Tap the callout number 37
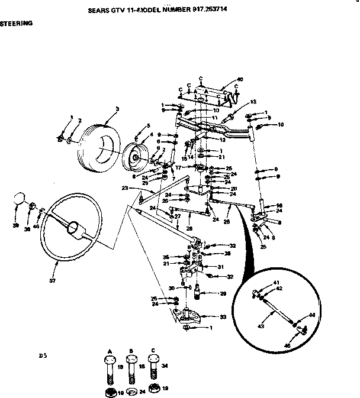pyautogui.click(x=53, y=280)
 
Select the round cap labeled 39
pyautogui.click(x=19, y=198)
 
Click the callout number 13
pyautogui.click(x=253, y=101)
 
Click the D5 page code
pyautogui.click(x=42, y=356)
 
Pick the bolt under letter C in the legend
pyautogui.click(x=153, y=367)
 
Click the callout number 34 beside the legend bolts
pyautogui.click(x=164, y=367)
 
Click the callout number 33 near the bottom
pyautogui.click(x=222, y=318)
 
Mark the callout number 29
pyautogui.click(x=223, y=293)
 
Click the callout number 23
pyautogui.click(x=125, y=189)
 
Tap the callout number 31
pyautogui.click(x=221, y=267)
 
